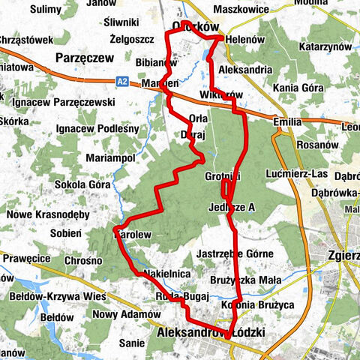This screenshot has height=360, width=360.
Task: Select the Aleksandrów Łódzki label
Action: click(x=204, y=331)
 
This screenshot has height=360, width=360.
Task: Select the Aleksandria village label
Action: click(x=245, y=69)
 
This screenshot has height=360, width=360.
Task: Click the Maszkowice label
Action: click(x=240, y=10)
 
